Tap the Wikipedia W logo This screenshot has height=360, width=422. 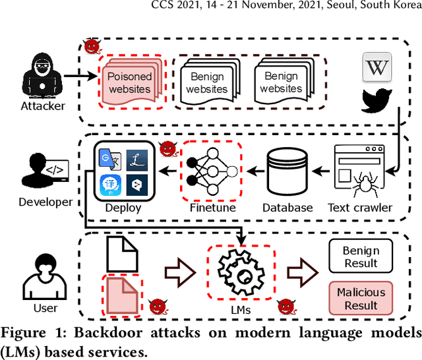click(377, 68)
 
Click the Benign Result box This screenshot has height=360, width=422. click(360, 256)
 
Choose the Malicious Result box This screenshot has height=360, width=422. click(360, 298)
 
